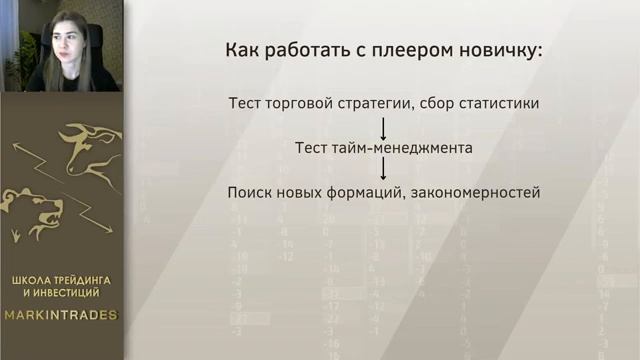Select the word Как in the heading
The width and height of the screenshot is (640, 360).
click(x=242, y=50)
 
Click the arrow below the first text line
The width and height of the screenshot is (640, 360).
click(x=383, y=125)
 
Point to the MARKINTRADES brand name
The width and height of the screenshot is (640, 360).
click(x=62, y=315)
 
